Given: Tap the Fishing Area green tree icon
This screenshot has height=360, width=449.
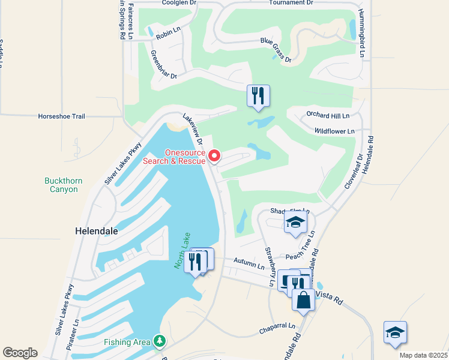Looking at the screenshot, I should (159, 341).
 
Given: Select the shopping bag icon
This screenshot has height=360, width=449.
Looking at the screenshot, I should (304, 299).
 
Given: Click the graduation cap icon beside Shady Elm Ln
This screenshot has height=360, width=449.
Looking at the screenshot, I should (295, 223).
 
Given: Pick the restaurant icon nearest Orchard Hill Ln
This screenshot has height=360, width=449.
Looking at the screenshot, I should (258, 96).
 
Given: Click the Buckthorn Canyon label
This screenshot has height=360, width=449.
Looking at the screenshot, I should (64, 185).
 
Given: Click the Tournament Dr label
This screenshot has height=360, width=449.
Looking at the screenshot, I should (291, 3).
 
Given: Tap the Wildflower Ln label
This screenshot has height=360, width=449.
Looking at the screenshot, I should (334, 130).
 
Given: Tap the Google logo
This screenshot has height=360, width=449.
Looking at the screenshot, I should (20, 352).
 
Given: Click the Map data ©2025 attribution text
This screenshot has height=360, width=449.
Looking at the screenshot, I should (423, 355).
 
